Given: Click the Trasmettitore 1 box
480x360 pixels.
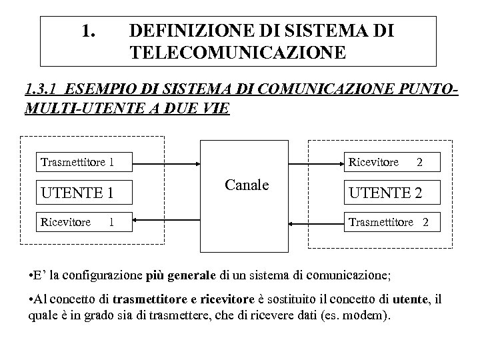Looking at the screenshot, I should coord(84,162).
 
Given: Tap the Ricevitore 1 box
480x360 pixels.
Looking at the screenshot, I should coord(84,221).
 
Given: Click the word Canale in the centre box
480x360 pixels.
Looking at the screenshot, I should coord(247,184).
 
